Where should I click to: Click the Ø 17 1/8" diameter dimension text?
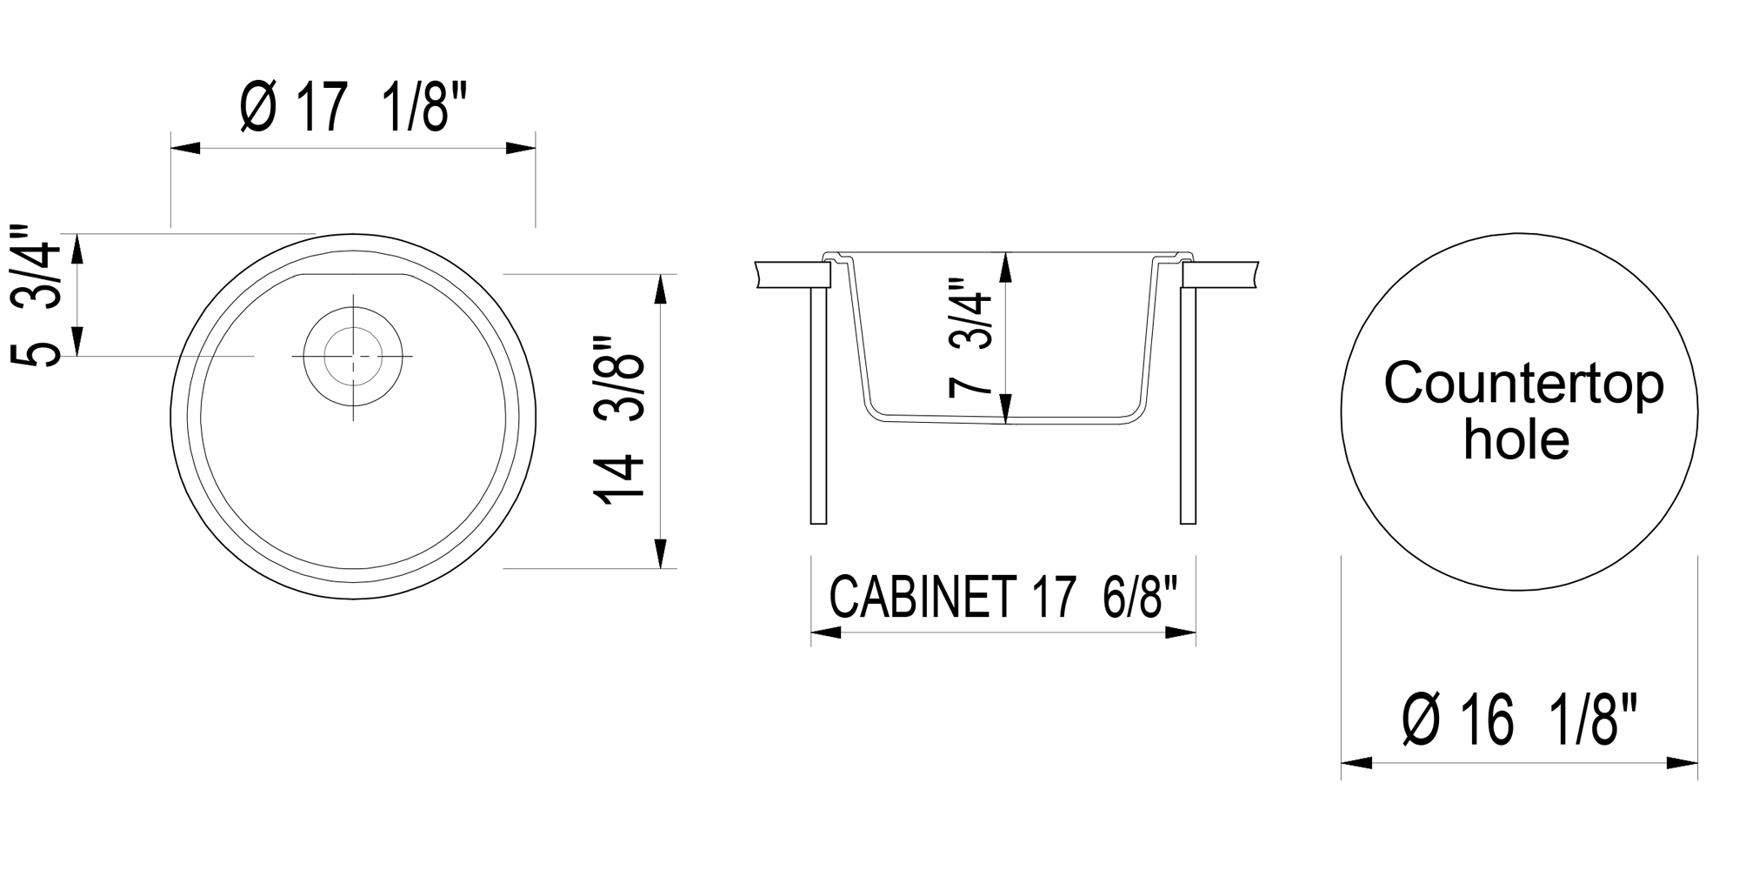353,108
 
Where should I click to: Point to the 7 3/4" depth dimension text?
970,338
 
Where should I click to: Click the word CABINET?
923,597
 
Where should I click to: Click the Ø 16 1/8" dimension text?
1520,720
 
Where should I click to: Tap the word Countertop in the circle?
1523,384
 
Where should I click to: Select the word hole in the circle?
1516,440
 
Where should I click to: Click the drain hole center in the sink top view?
353,356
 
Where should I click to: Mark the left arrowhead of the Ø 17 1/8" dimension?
184,148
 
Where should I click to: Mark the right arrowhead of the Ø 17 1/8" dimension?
521,148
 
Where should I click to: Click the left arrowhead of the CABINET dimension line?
825,632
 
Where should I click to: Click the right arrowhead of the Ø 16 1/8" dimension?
1683,763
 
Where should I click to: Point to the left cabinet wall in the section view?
818,405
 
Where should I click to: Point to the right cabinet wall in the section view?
1188,405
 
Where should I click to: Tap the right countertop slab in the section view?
1221,274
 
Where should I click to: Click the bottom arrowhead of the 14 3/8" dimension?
660,554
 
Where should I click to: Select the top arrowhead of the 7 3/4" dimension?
1006,267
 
